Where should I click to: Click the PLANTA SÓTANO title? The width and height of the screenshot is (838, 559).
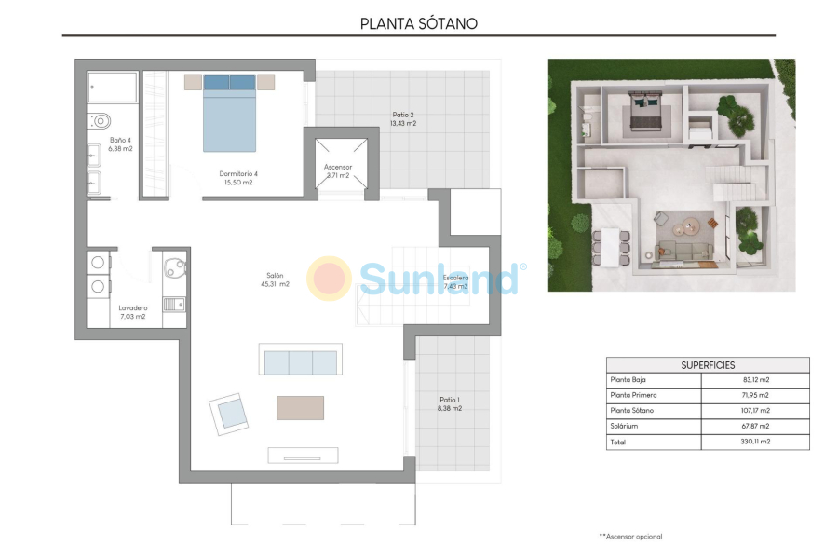pyautogui.click(x=419, y=23)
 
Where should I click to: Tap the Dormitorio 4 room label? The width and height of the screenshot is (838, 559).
pyautogui.click(x=238, y=178)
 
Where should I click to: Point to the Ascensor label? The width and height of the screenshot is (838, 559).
pyautogui.click(x=337, y=170)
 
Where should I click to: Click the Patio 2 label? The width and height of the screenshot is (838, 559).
pyautogui.click(x=403, y=119)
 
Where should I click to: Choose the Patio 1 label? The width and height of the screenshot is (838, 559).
pyautogui.click(x=450, y=403)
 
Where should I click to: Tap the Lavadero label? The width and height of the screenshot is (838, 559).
pyautogui.click(x=132, y=312)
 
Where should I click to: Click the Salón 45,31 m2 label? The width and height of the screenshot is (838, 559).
pyautogui.click(x=277, y=279)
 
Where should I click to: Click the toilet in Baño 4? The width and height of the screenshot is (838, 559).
pyautogui.click(x=101, y=120)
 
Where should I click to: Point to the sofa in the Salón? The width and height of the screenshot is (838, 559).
pyautogui.click(x=300, y=361)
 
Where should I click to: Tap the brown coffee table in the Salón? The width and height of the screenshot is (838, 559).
pyautogui.click(x=300, y=407)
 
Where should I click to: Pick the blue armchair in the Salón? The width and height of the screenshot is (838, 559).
pyautogui.click(x=229, y=411)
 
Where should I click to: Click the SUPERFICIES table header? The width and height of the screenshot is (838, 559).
pyautogui.click(x=708, y=365)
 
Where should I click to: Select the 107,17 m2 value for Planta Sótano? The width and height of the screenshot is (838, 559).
pyautogui.click(x=755, y=410)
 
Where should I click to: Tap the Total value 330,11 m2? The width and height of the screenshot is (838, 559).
pyautogui.click(x=755, y=443)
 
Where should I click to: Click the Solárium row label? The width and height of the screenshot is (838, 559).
pyautogui.click(x=626, y=426)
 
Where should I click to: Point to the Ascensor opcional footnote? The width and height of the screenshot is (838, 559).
pyautogui.click(x=630, y=537)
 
